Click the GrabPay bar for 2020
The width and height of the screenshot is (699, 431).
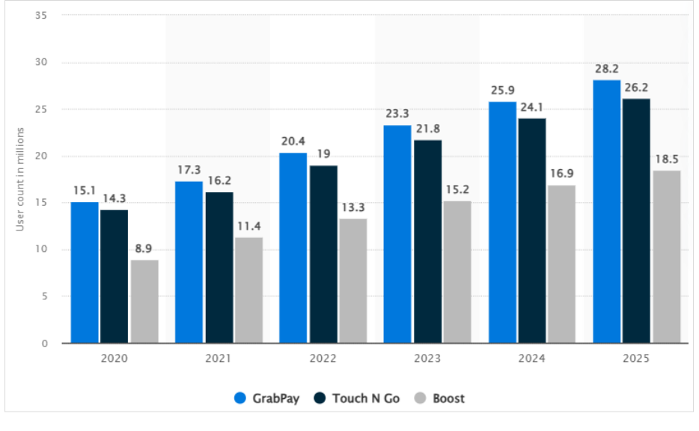point(85,272)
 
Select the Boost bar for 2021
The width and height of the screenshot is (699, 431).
point(248,290)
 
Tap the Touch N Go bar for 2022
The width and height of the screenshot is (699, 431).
point(323,254)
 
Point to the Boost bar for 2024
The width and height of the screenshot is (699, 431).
point(561,264)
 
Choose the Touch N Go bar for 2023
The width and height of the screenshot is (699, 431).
point(427,242)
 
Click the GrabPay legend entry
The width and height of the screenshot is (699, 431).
point(266,398)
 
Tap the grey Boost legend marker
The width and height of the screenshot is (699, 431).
point(421,398)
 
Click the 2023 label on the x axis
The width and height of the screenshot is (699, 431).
point(427,359)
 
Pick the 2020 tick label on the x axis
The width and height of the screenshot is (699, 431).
point(115,359)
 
